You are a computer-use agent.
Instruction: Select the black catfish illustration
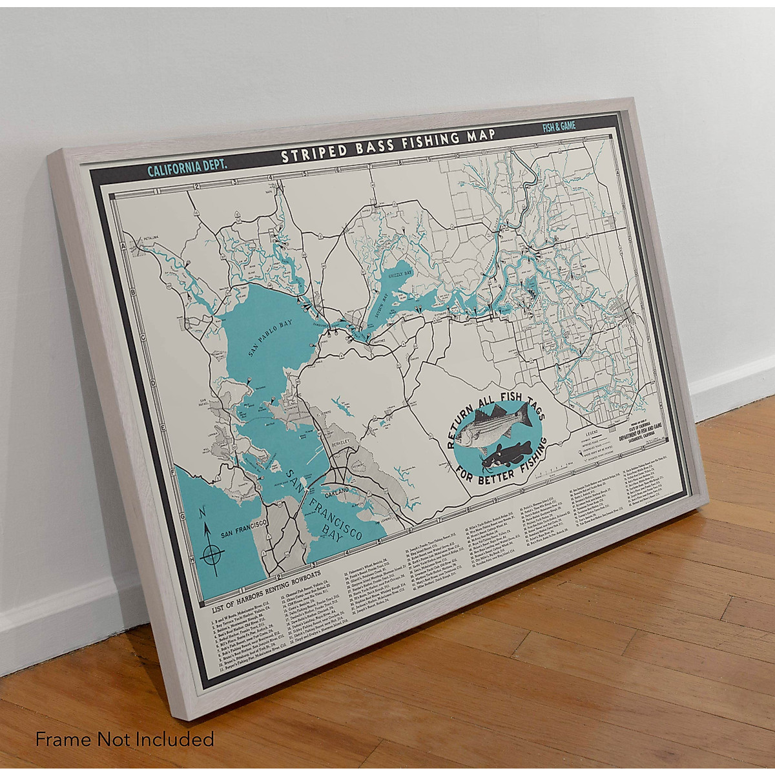507,455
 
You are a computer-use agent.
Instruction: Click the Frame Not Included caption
125,738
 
